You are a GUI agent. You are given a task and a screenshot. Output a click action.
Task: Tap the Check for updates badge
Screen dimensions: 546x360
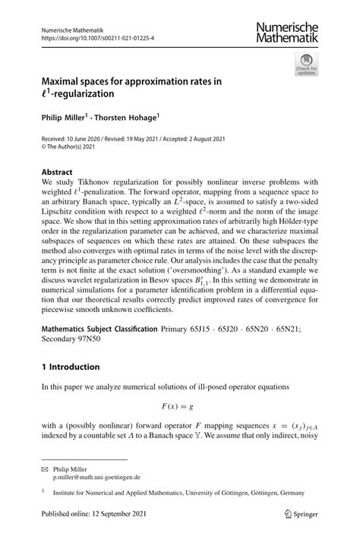(x=308, y=64)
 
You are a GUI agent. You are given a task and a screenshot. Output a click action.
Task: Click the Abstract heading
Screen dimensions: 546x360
(x=58, y=172)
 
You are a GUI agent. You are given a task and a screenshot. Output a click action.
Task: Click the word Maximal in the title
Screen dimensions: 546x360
(x=62, y=83)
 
